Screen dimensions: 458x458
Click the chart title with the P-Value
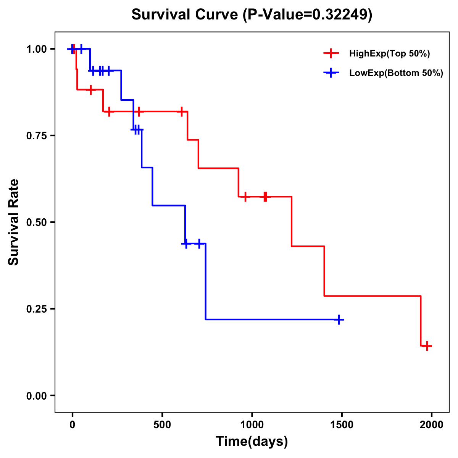[x=252, y=15]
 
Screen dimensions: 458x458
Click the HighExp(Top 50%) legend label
[x=389, y=54]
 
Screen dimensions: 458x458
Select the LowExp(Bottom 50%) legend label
[x=396, y=73]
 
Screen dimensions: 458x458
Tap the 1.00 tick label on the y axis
[x=36, y=49]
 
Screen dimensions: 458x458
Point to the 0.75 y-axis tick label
[x=36, y=136]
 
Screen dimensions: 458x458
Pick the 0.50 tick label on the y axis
[x=36, y=223]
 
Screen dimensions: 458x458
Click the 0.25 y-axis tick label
[x=36, y=309]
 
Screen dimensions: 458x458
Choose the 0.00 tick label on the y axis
[x=36, y=396]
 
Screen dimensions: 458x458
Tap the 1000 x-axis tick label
[x=252, y=425]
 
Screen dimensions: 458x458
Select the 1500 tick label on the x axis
[x=342, y=425]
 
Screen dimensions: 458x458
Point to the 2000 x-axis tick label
[x=432, y=425]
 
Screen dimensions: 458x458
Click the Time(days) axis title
[x=252, y=442]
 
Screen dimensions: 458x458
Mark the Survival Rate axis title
[x=14, y=222]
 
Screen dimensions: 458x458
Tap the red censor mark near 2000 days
[x=427, y=346]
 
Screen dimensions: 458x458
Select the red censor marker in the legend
[x=331, y=53]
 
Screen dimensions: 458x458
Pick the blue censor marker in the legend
[x=331, y=73]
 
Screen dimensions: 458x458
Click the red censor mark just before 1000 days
[x=245, y=197]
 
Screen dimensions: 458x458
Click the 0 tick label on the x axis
[x=72, y=425]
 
